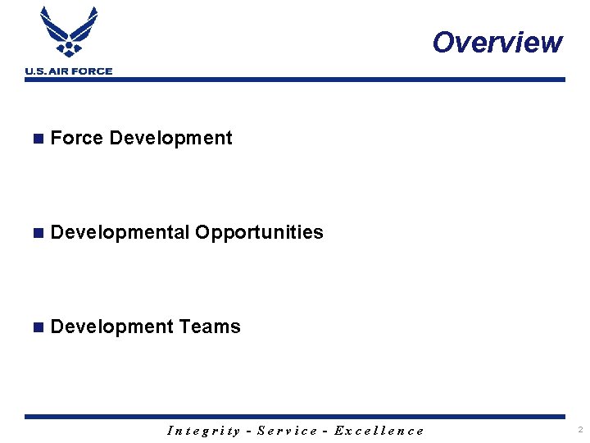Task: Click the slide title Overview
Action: click(497, 42)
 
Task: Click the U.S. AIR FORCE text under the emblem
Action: click(69, 71)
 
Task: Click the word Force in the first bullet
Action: click(76, 138)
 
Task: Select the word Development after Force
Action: click(170, 138)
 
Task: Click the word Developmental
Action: click(120, 232)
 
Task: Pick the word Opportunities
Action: click(259, 232)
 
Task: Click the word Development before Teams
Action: click(111, 327)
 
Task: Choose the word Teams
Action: click(210, 327)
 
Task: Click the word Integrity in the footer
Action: click(203, 431)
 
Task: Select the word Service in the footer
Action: click(288, 431)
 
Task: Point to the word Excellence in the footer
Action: click(379, 431)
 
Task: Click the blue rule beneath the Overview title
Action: click(295, 80)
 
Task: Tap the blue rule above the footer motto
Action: click(295, 417)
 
